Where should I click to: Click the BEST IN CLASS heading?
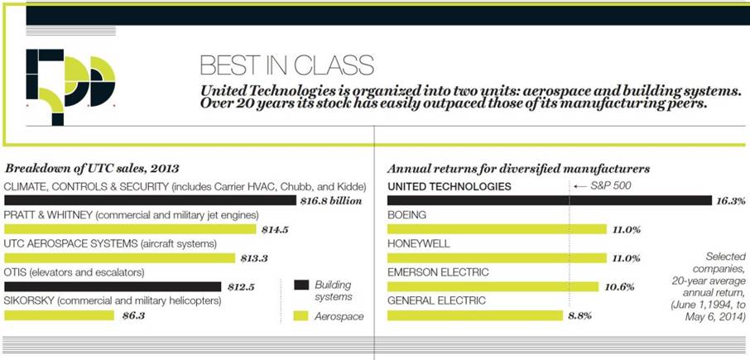(x=286, y=66)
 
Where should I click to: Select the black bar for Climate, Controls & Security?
(x=149, y=200)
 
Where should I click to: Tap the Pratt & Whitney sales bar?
(x=129, y=229)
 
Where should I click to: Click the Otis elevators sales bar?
(x=113, y=286)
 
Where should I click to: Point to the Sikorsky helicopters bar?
(x=59, y=315)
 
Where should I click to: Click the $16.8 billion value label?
(x=332, y=200)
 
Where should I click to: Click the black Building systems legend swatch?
(x=301, y=285)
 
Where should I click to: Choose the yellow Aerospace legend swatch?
(x=301, y=315)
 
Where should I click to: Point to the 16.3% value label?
(x=732, y=200)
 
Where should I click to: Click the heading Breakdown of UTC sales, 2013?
(x=92, y=168)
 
